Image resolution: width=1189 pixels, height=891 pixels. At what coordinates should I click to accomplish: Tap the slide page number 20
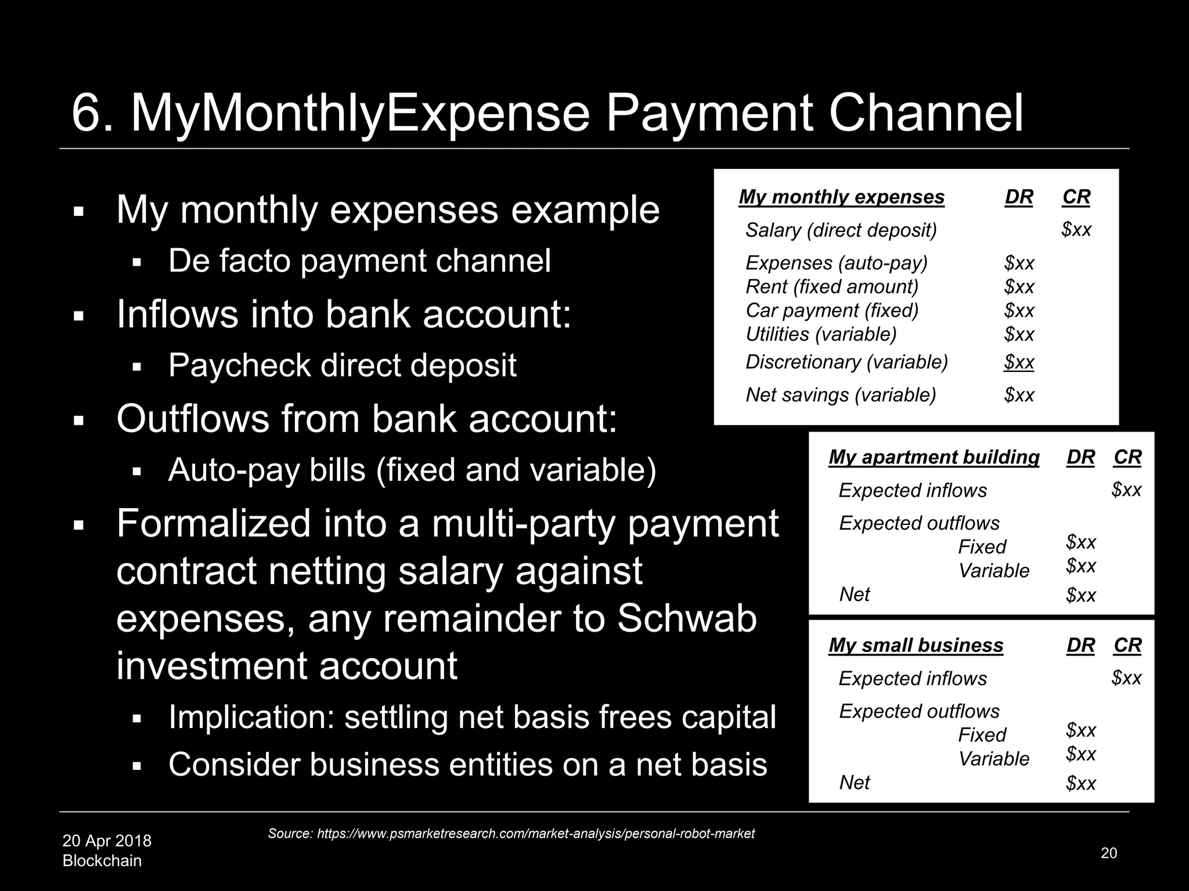[1108, 853]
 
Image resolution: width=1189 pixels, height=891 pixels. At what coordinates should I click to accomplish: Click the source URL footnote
[511, 834]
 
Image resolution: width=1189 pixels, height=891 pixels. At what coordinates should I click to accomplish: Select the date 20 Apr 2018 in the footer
[107, 841]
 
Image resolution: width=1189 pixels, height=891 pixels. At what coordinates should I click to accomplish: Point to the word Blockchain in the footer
[102, 860]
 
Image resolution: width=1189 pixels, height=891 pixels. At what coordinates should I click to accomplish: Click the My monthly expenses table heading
[841, 197]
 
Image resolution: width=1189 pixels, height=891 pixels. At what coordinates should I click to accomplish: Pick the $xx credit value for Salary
[1076, 230]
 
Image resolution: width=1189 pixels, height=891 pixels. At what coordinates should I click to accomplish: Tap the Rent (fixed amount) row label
[832, 287]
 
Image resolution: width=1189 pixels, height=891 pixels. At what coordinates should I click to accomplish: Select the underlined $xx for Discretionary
[1019, 362]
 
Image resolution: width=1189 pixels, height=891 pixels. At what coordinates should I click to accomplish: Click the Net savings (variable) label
[841, 395]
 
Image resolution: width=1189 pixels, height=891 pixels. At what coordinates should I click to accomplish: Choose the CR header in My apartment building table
[1127, 457]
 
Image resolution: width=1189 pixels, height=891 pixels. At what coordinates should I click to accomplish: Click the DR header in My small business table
[1080, 645]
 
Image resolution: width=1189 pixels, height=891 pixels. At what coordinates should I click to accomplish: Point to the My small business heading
[916, 645]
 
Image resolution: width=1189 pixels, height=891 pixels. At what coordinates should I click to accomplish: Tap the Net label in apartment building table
[855, 595]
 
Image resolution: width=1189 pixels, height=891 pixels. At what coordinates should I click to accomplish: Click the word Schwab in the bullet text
[686, 618]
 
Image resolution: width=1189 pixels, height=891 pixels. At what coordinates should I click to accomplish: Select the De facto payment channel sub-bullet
[359, 261]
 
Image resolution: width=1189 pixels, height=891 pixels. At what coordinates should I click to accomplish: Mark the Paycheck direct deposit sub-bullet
[342, 365]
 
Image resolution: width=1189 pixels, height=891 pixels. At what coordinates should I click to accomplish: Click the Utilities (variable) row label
[821, 334]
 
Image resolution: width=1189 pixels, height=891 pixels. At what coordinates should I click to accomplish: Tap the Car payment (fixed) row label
[832, 310]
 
